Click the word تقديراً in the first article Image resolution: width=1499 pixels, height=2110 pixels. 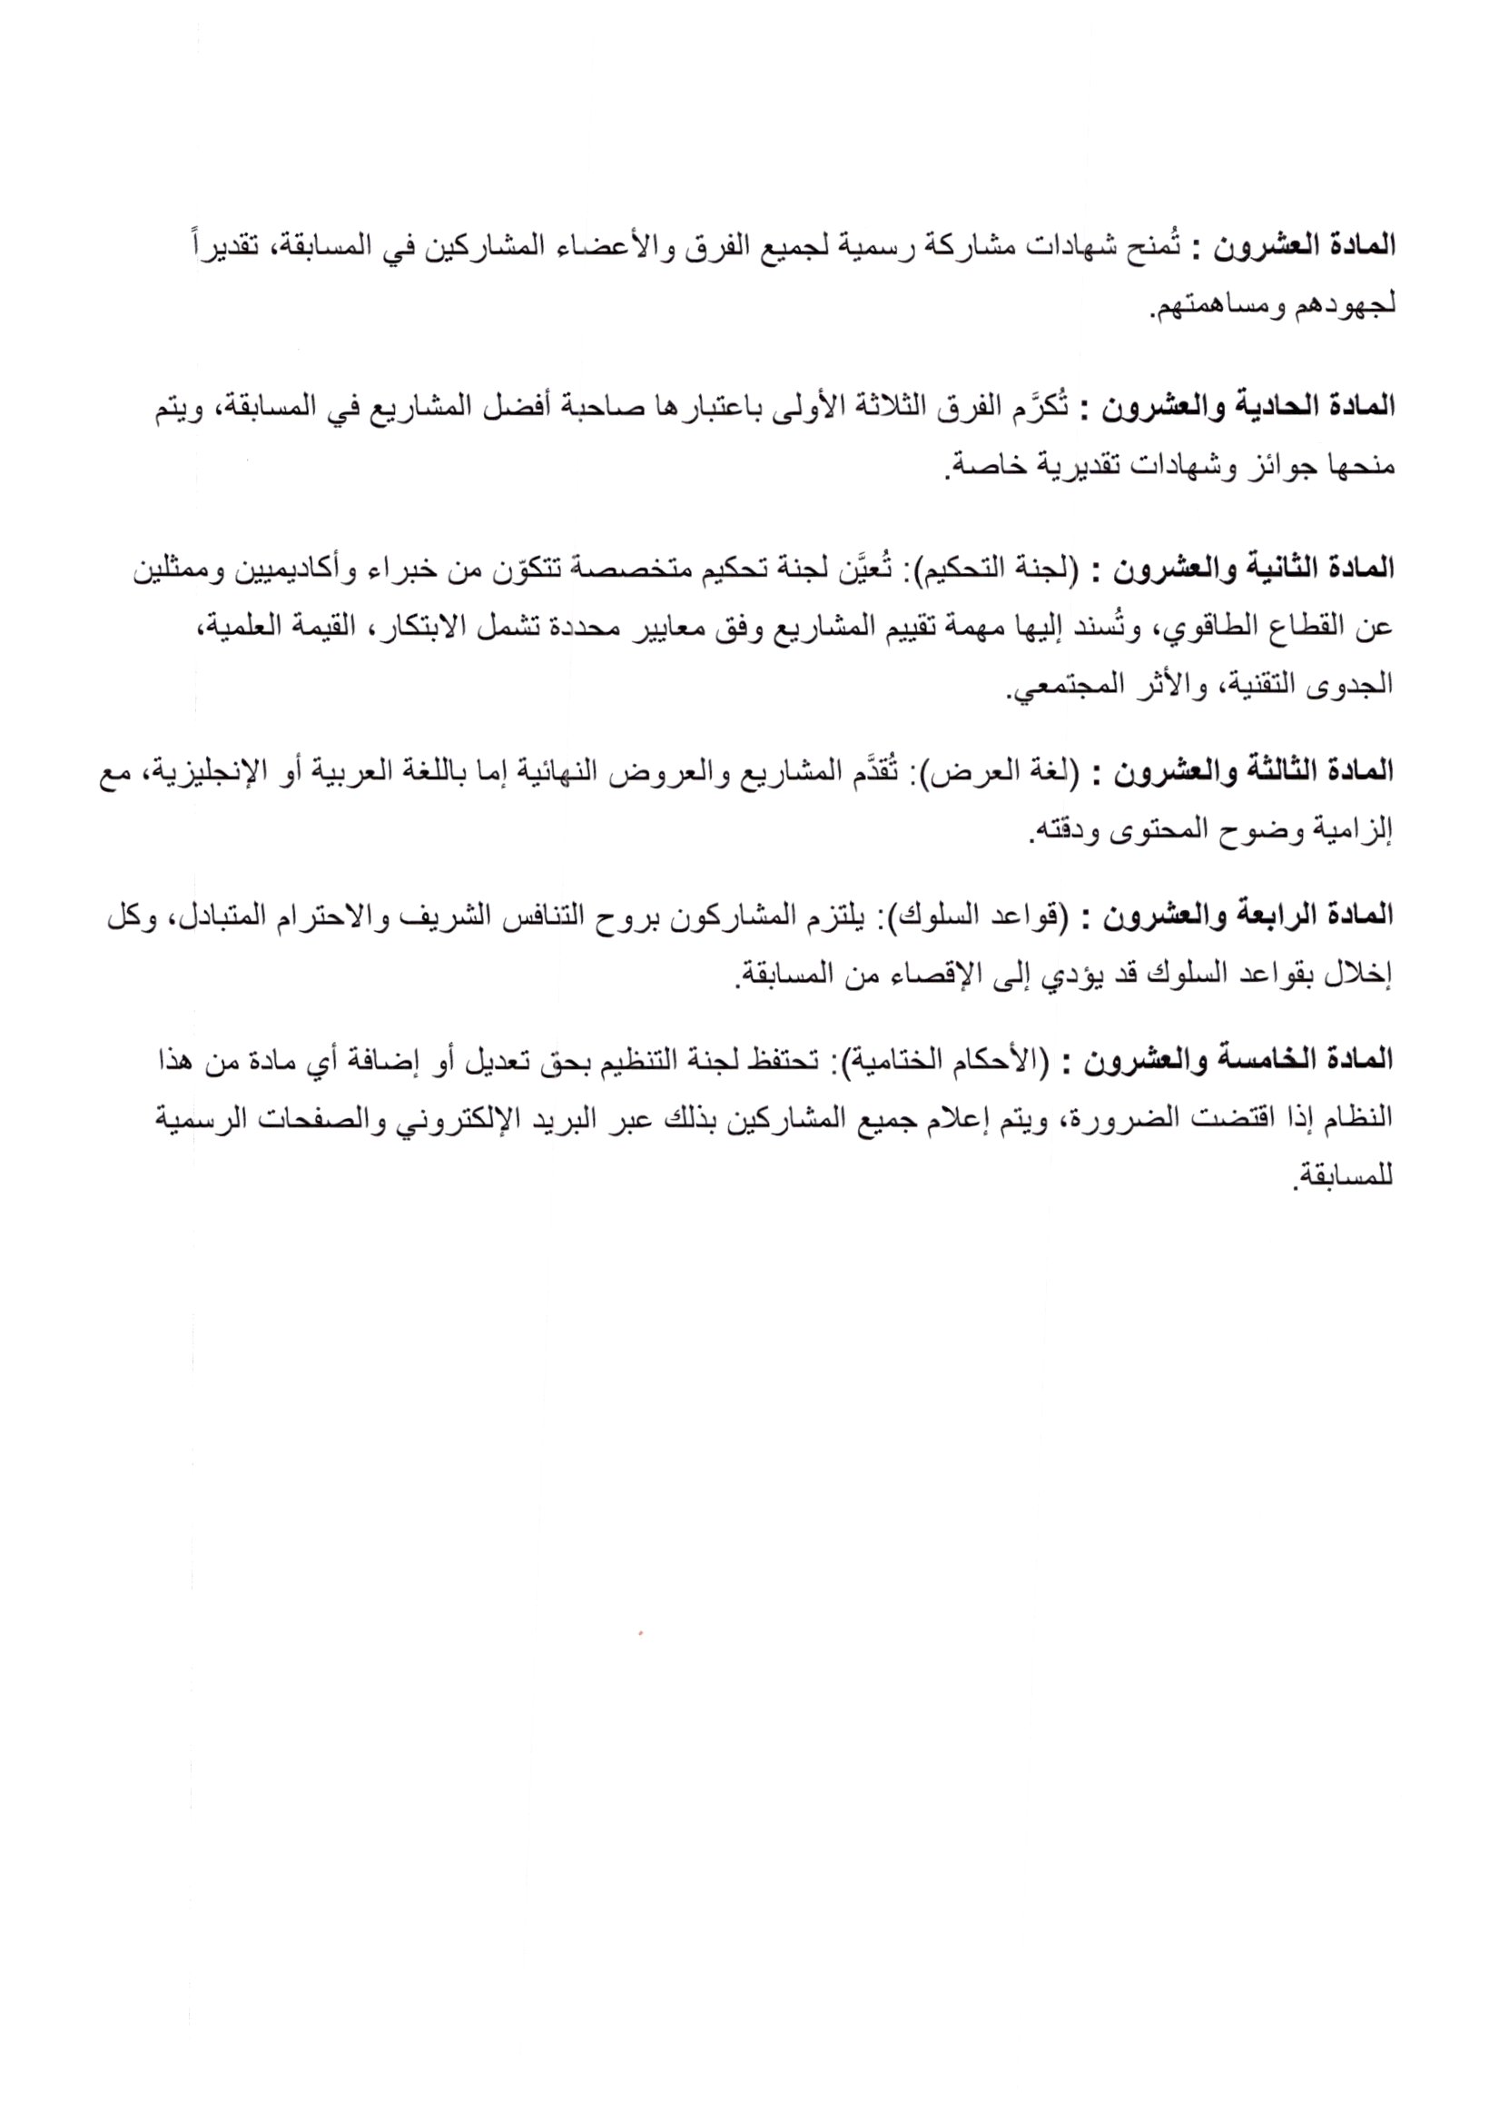pos(220,247)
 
